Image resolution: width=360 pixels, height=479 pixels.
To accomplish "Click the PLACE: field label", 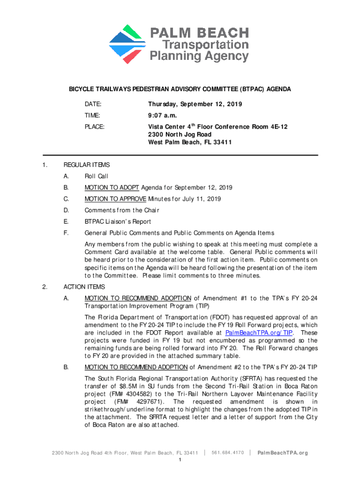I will pyautogui.click(x=94, y=127).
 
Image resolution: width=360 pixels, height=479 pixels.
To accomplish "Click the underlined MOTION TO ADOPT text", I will pyautogui.click(x=111, y=188).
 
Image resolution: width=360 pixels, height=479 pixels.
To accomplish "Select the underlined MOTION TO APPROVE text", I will pyautogui.click(x=115, y=199).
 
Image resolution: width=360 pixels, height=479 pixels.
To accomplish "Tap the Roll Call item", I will pyautogui.click(x=96, y=176).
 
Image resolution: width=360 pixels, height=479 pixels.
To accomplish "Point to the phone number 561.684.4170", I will pyautogui.click(x=228, y=452).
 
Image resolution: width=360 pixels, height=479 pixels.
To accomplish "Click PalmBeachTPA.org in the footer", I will pyautogui.click(x=283, y=453).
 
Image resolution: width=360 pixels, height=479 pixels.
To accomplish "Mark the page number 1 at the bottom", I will pyautogui.click(x=180, y=461).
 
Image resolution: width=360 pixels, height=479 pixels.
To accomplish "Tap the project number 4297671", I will pyautogui.click(x=145, y=402).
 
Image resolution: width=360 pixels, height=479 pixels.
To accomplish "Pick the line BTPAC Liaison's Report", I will pyautogui.click(x=117, y=222).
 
